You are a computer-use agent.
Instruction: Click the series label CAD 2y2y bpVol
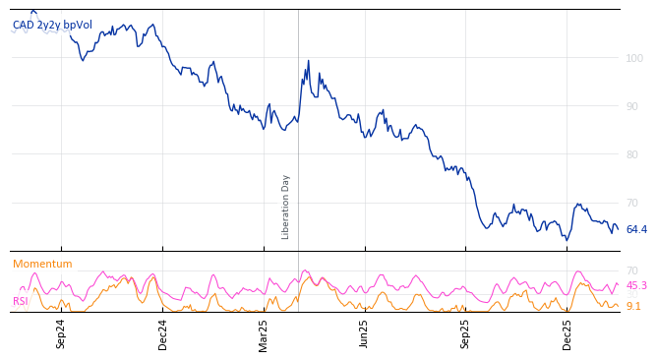pyautogui.click(x=52, y=26)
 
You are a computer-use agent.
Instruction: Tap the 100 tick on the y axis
pyautogui.click(x=634, y=58)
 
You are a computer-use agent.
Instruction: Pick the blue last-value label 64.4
pyautogui.click(x=636, y=230)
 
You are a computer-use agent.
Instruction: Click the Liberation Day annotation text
pyautogui.click(x=286, y=207)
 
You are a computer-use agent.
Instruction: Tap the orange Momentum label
pyautogui.click(x=42, y=265)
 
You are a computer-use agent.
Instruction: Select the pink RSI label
pyautogui.click(x=20, y=302)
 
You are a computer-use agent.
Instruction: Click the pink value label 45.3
pyautogui.click(x=636, y=286)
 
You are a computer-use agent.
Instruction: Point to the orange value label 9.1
pyautogui.click(x=633, y=307)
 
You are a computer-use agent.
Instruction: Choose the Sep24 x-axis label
pyautogui.click(x=61, y=333)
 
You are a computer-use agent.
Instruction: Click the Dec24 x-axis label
pyautogui.click(x=163, y=333)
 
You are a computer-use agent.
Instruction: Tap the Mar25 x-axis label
pyautogui.click(x=264, y=333)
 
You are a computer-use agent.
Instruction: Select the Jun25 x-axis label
pyautogui.click(x=365, y=333)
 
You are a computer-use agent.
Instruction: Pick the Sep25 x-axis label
pyautogui.click(x=466, y=333)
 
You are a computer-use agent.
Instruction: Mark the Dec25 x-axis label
pyautogui.click(x=567, y=333)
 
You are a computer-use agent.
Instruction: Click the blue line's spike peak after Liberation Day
pyautogui.click(x=308, y=61)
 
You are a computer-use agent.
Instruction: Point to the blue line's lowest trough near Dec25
pyautogui.click(x=567, y=240)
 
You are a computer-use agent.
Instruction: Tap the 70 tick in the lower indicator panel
pyautogui.click(x=631, y=270)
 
